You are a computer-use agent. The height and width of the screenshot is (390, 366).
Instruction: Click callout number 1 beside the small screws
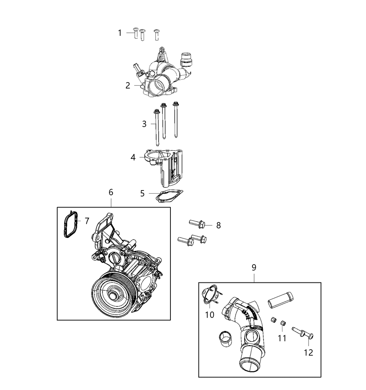pyautogui.click(x=120, y=33)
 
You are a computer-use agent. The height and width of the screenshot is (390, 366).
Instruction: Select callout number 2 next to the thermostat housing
pyautogui.click(x=128, y=85)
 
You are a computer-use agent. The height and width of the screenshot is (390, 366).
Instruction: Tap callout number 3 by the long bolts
pyautogui.click(x=144, y=124)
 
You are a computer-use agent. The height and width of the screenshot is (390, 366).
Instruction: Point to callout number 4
pyautogui.click(x=133, y=157)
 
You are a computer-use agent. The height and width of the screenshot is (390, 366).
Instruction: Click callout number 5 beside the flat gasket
pyautogui.click(x=142, y=193)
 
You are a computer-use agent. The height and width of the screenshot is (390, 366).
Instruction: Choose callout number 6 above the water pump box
pyautogui.click(x=111, y=192)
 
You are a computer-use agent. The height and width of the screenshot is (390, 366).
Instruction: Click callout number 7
pyautogui.click(x=87, y=220)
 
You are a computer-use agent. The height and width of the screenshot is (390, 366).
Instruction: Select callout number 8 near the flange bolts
pyautogui.click(x=219, y=225)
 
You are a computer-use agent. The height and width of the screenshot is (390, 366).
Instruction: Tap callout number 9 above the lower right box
pyautogui.click(x=254, y=267)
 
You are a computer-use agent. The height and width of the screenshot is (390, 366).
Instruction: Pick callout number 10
pyautogui.click(x=210, y=314)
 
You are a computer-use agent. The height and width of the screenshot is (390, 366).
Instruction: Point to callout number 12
pyautogui.click(x=308, y=352)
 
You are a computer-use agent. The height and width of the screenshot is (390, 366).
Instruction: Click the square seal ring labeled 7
pyautogui.click(x=71, y=225)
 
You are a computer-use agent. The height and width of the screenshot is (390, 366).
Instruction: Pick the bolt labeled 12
pyautogui.click(x=302, y=332)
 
